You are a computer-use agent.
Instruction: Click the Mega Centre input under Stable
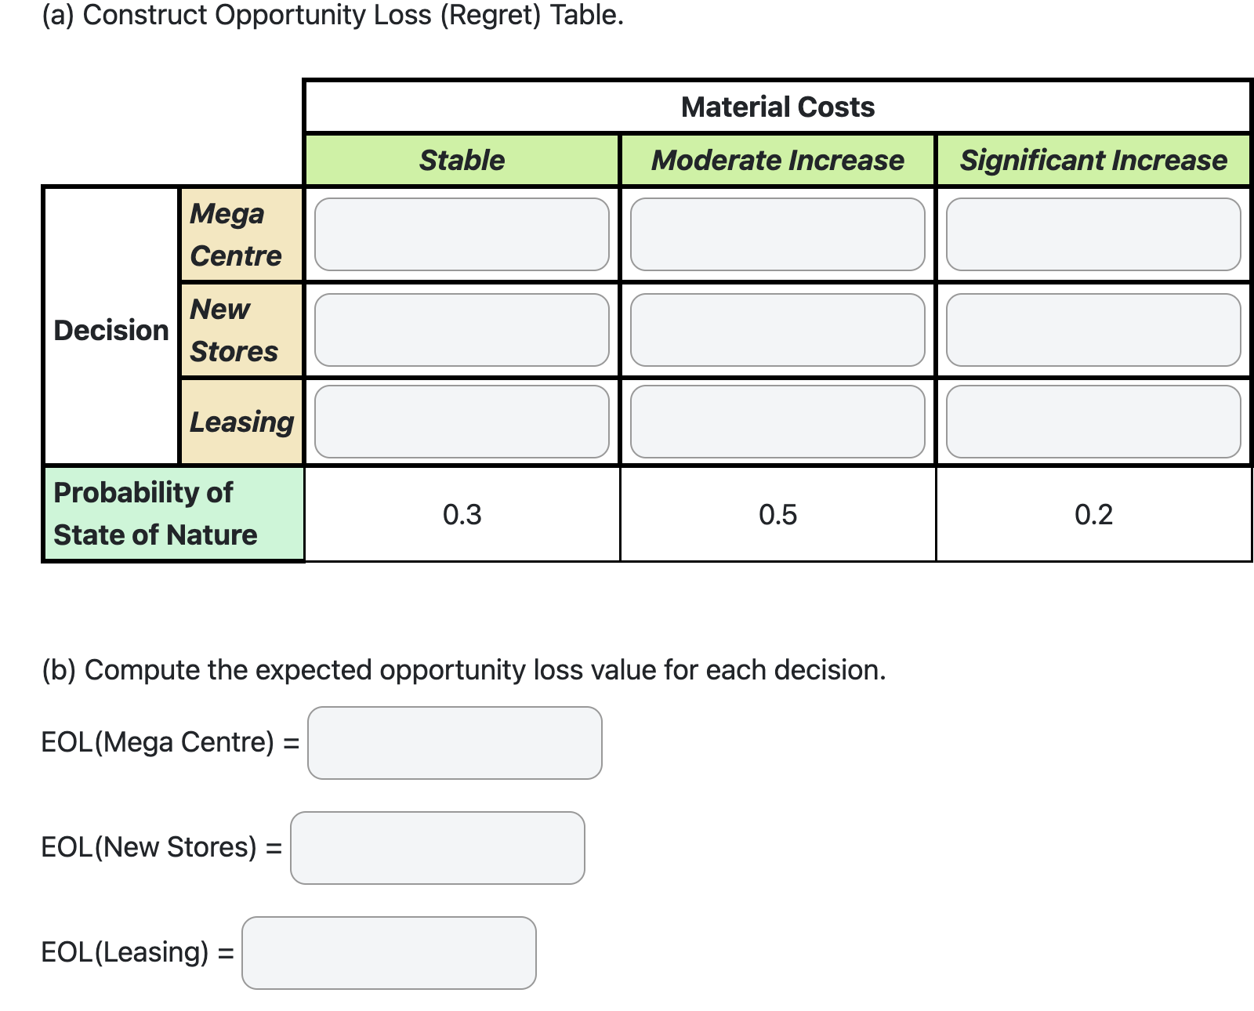[462, 234]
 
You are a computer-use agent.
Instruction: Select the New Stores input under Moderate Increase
[777, 330]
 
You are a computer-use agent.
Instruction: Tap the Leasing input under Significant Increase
[1093, 422]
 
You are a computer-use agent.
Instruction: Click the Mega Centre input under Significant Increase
[1093, 234]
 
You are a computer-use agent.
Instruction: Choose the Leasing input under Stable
[462, 422]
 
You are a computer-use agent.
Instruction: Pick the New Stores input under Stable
[462, 330]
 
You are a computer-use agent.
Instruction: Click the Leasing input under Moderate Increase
[777, 422]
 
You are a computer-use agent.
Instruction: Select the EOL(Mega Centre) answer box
[455, 743]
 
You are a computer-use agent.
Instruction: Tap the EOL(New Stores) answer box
[437, 848]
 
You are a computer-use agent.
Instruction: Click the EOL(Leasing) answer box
[389, 953]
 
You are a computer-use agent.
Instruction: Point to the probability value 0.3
[462, 514]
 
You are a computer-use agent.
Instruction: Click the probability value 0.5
[777, 514]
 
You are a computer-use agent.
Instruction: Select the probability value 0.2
[1093, 514]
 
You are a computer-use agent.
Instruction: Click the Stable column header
[462, 160]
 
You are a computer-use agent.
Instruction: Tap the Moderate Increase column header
[777, 160]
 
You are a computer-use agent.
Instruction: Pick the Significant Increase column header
[1093, 160]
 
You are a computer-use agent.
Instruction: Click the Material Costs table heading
[777, 107]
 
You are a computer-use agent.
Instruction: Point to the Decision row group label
[111, 330]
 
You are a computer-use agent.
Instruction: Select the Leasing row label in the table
[241, 422]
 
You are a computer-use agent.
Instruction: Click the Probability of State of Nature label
[155, 513]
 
